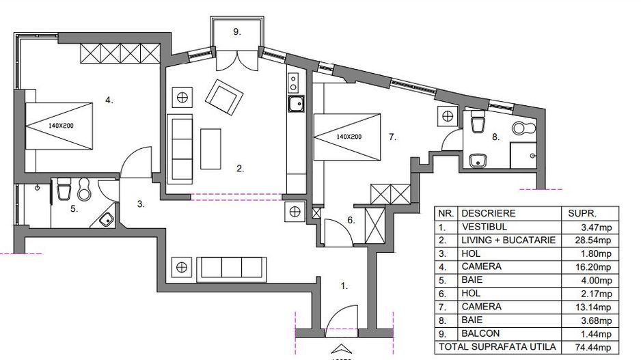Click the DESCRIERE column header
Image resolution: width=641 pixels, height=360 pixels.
coord(489,213)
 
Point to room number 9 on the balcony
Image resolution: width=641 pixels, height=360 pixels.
coord(237,31)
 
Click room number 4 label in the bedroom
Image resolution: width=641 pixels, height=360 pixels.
coord(109,100)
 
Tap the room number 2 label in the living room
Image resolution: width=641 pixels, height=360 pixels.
coord(240,167)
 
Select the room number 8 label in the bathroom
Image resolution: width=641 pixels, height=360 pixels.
coord(496,137)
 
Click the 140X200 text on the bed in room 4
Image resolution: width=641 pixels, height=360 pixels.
coord(60,126)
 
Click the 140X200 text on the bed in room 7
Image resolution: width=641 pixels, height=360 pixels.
coord(349,136)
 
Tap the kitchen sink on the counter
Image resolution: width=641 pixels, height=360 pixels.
coord(296,106)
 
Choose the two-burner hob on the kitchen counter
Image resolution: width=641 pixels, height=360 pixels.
coord(294,83)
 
